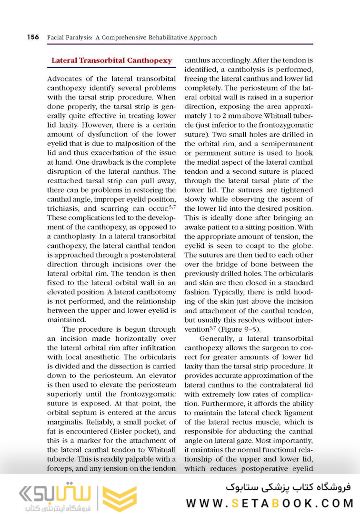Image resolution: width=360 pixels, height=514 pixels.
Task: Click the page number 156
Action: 33,37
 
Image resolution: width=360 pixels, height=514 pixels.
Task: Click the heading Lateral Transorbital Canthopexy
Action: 111,60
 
